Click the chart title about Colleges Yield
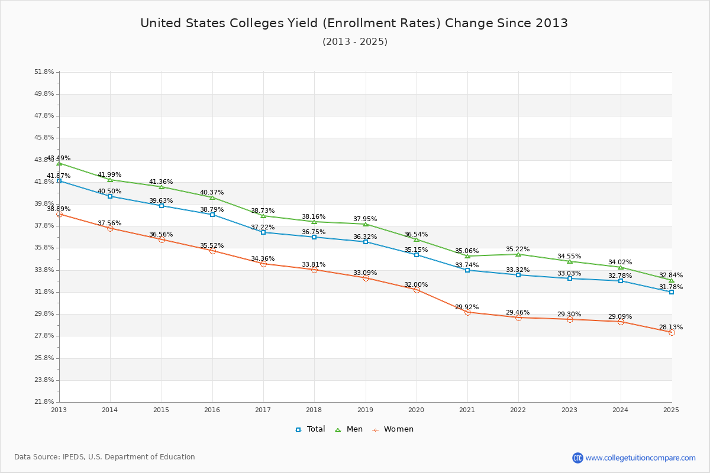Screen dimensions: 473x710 point(354,23)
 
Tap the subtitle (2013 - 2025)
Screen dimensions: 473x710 point(354,42)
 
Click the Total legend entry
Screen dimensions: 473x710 point(310,429)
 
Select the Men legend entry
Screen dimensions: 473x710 point(350,429)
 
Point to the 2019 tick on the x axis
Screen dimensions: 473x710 point(365,409)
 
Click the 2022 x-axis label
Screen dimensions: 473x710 point(518,409)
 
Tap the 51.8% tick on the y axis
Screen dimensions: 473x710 point(44,72)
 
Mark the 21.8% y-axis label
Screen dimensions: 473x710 point(44,402)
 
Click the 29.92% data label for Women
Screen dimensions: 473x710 point(467,307)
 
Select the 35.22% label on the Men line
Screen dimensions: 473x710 point(518,249)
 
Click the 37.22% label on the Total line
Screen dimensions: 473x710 point(263,227)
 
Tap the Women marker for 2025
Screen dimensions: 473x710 point(672,332)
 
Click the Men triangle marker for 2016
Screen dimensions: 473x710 point(212,197)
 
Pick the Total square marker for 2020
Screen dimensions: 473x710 point(417,255)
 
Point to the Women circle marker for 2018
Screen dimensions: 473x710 point(314,270)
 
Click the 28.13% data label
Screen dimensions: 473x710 point(670,327)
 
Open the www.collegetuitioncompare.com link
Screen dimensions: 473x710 point(640,458)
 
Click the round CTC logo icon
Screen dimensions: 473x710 point(577,458)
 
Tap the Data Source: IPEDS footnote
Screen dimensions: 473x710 point(105,457)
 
